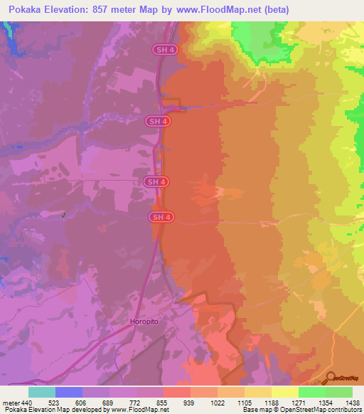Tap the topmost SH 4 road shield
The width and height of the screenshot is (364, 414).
(x=162, y=49)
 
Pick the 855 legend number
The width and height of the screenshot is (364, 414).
(x=164, y=403)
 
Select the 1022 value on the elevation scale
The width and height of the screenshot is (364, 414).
(x=218, y=403)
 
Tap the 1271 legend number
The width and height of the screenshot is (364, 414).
(x=298, y=403)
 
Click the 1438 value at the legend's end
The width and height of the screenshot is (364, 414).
(x=352, y=403)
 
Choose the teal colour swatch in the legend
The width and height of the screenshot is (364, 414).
(x=42, y=392)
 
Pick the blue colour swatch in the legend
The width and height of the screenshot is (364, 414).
(x=69, y=392)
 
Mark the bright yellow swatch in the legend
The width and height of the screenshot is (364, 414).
(x=284, y=392)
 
